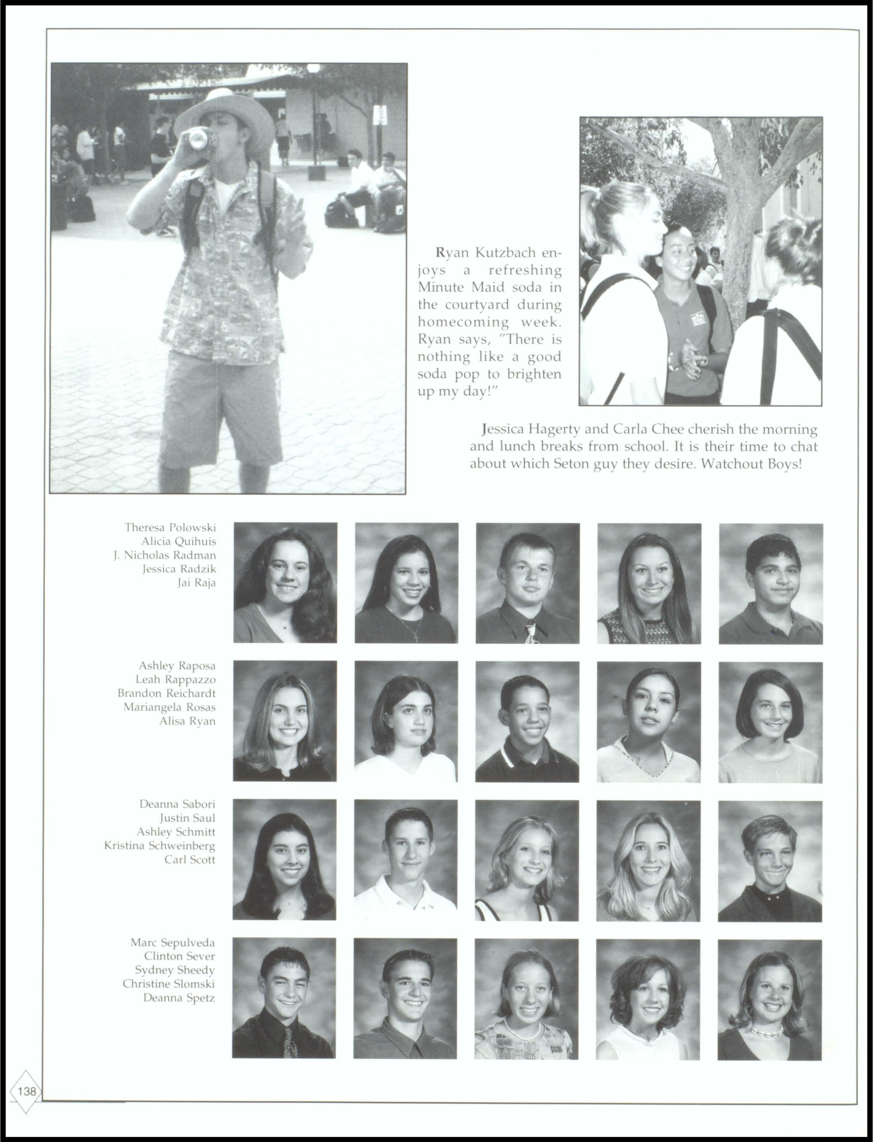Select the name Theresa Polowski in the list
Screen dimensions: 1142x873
click(170, 527)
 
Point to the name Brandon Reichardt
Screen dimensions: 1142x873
click(166, 693)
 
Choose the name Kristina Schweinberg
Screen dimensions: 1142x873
click(160, 845)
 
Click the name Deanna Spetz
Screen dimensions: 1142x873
click(179, 998)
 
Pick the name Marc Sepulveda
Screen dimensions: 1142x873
click(172, 942)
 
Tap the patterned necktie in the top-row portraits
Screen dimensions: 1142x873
click(530, 632)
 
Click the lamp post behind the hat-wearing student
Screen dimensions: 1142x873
click(313, 120)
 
